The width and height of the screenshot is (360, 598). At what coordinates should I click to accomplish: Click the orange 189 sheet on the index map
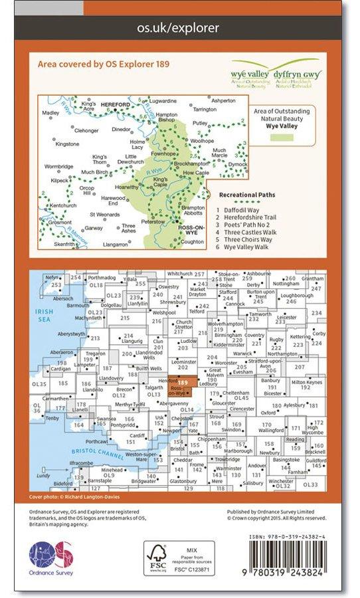point(182,384)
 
